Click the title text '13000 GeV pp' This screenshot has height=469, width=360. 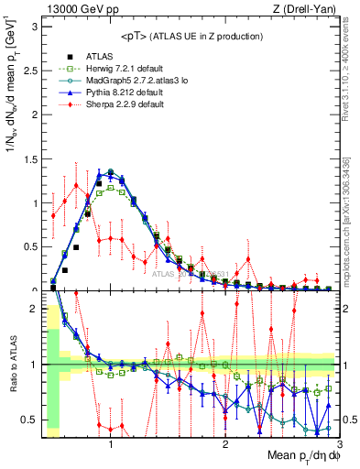(x=76, y=9)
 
